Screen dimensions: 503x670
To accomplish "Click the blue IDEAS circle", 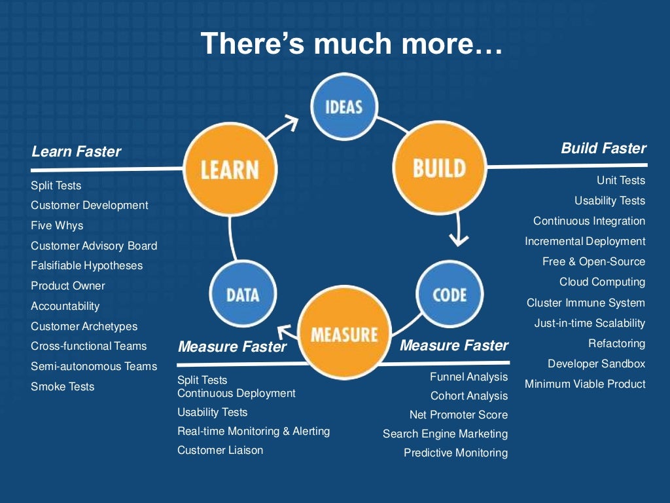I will (x=344, y=105).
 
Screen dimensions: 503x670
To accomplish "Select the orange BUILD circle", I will (x=439, y=168).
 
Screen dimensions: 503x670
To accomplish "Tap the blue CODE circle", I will (x=450, y=294).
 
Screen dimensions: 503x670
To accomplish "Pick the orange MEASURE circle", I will (x=344, y=334).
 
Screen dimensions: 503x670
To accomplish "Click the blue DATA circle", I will (x=243, y=294).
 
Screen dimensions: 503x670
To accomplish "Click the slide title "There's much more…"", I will (x=352, y=43).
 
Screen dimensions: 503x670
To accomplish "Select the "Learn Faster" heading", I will (x=76, y=151).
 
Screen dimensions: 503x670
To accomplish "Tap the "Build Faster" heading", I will (x=603, y=148).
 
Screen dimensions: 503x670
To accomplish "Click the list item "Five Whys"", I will (x=57, y=225).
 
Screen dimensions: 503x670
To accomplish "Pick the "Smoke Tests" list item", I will (x=62, y=386).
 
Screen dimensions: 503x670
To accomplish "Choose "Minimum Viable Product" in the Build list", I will (x=585, y=384).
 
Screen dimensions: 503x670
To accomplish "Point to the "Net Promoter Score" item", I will (x=458, y=415).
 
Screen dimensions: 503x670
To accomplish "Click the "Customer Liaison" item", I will (x=220, y=450).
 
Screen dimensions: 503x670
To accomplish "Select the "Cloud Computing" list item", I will (x=602, y=282).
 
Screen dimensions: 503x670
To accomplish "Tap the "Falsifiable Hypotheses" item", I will (x=86, y=265).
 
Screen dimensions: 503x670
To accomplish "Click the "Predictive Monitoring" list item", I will (x=455, y=453).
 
